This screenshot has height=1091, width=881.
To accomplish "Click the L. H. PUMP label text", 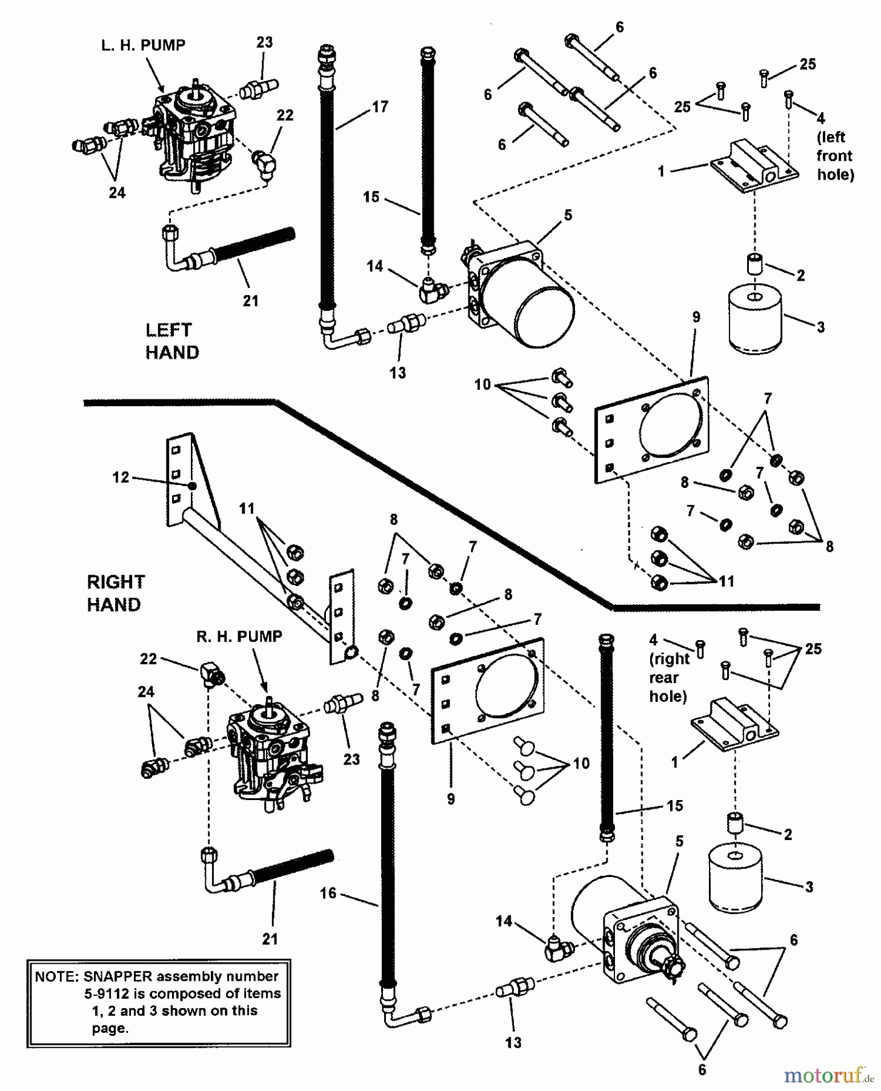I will click(x=143, y=45).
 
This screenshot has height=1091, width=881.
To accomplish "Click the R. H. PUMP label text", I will click(x=239, y=636).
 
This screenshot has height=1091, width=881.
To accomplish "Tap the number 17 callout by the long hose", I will click(x=379, y=107).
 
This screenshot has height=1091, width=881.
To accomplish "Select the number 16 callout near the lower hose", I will click(x=328, y=894).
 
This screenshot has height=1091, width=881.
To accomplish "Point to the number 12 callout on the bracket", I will click(x=121, y=477).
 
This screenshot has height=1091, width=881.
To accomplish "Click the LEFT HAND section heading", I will click(x=171, y=341).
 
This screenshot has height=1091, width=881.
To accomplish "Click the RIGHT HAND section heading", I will click(x=116, y=593).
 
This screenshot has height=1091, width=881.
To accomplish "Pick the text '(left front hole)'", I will click(x=835, y=156).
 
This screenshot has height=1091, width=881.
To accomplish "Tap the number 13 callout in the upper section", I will click(x=397, y=373).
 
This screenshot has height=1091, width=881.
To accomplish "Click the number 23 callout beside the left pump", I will click(x=264, y=43).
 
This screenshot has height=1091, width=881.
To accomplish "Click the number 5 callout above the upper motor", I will click(x=567, y=215).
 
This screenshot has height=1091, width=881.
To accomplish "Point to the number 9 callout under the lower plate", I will click(x=451, y=799).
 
